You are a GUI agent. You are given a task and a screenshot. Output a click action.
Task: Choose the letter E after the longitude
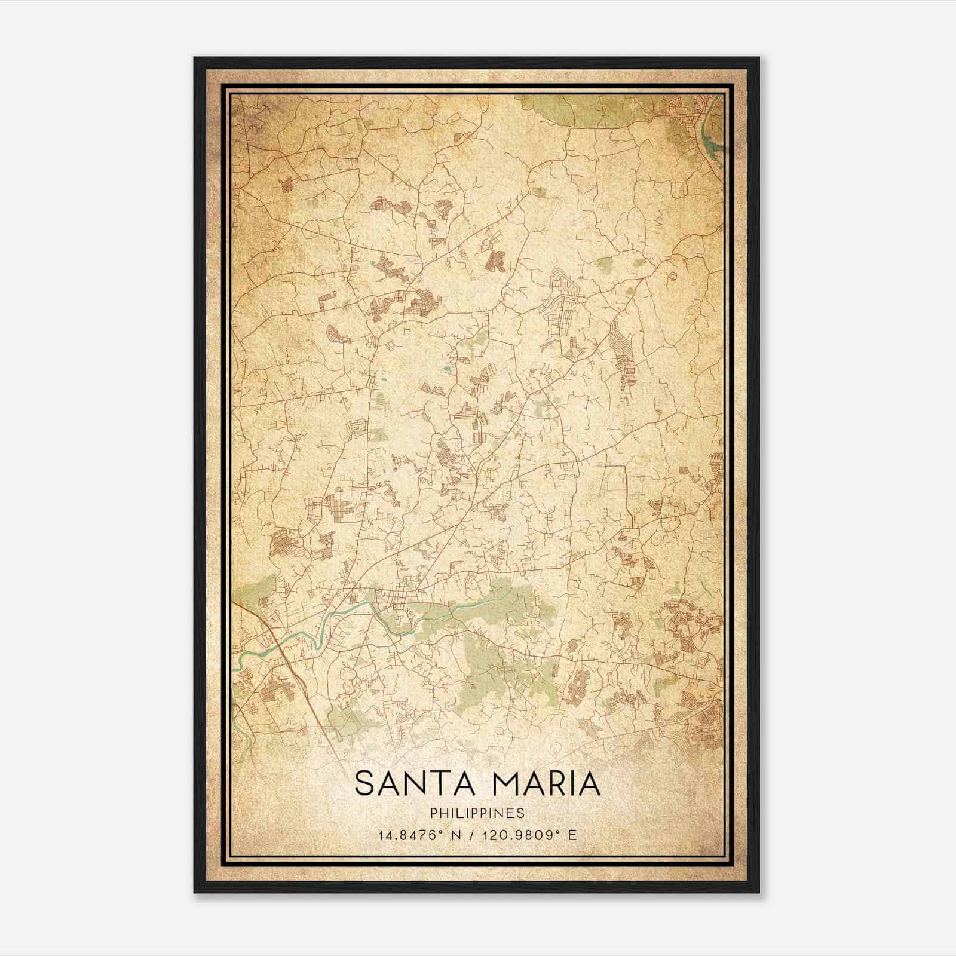point(572,835)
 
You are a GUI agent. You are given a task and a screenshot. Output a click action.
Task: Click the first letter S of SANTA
point(364,784)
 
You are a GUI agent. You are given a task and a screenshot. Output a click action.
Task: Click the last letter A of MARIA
point(589,784)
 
